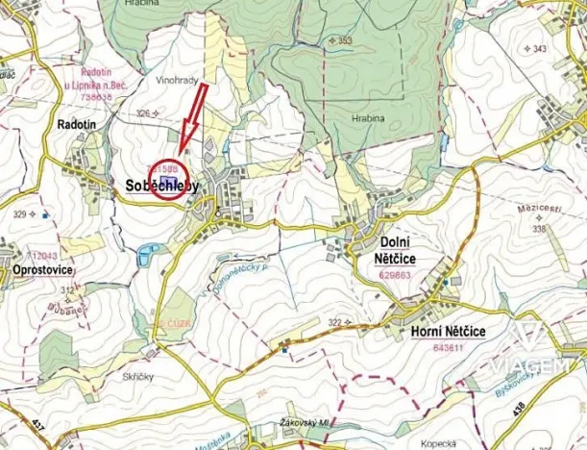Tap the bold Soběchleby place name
click(x=161, y=188)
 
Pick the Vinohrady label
click(x=176, y=84)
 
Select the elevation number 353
click(x=345, y=40)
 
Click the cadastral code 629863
click(x=396, y=274)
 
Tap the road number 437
click(x=37, y=423)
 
